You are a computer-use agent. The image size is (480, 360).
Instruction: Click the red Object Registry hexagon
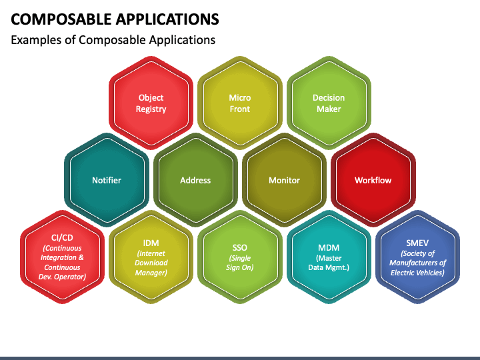[x=151, y=103]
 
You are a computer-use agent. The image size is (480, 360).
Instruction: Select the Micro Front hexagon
[x=240, y=103]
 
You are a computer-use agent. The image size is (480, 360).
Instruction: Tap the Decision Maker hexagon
[x=329, y=103]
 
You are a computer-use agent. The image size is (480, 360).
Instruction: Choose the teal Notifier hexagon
[x=107, y=180]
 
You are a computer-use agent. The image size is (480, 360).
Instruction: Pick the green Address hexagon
[x=195, y=180]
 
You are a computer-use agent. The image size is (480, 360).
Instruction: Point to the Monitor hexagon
[x=284, y=180]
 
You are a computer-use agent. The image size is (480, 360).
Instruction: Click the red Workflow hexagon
[x=373, y=180]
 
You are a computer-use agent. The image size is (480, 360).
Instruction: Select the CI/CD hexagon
[x=63, y=257]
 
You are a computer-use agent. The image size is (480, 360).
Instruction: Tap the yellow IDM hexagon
[x=151, y=257]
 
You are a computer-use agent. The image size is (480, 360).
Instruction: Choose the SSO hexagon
[x=240, y=257]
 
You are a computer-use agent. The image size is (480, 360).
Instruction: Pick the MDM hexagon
[x=329, y=257]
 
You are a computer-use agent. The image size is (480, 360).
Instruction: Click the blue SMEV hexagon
[x=417, y=257]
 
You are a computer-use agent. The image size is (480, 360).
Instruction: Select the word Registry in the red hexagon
[x=151, y=109]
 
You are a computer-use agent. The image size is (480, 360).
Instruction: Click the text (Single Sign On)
[x=240, y=263]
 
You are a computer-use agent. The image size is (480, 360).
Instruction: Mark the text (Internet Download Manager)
[x=151, y=263]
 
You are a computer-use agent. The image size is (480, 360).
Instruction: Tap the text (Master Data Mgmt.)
[x=329, y=263]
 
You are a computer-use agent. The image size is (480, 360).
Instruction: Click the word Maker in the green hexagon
[x=329, y=109]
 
